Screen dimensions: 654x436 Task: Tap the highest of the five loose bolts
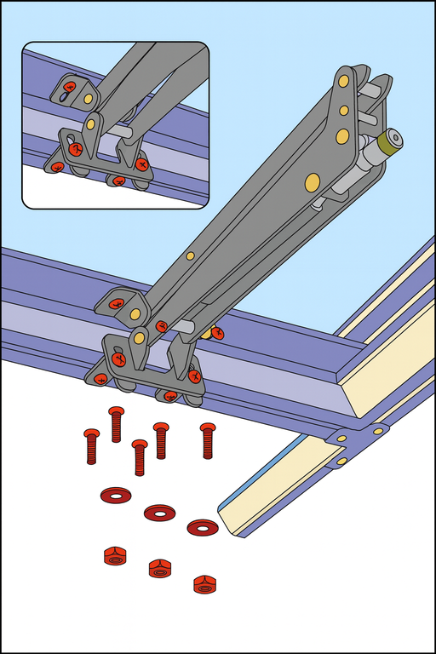117,424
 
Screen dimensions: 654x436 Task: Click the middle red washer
159,512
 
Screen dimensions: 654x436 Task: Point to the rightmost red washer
203,528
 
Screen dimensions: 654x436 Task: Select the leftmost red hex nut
115,556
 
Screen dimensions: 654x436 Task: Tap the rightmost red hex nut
204,584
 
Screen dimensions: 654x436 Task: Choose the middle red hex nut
159,568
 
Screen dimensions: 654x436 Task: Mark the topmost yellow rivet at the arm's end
344,82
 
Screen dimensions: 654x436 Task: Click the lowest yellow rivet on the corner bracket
341,461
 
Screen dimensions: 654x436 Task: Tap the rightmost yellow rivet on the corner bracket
377,431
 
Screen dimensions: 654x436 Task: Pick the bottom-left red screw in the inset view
56,166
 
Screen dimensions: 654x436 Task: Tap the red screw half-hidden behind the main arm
217,333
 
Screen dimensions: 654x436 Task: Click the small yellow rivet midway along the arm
190,255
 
